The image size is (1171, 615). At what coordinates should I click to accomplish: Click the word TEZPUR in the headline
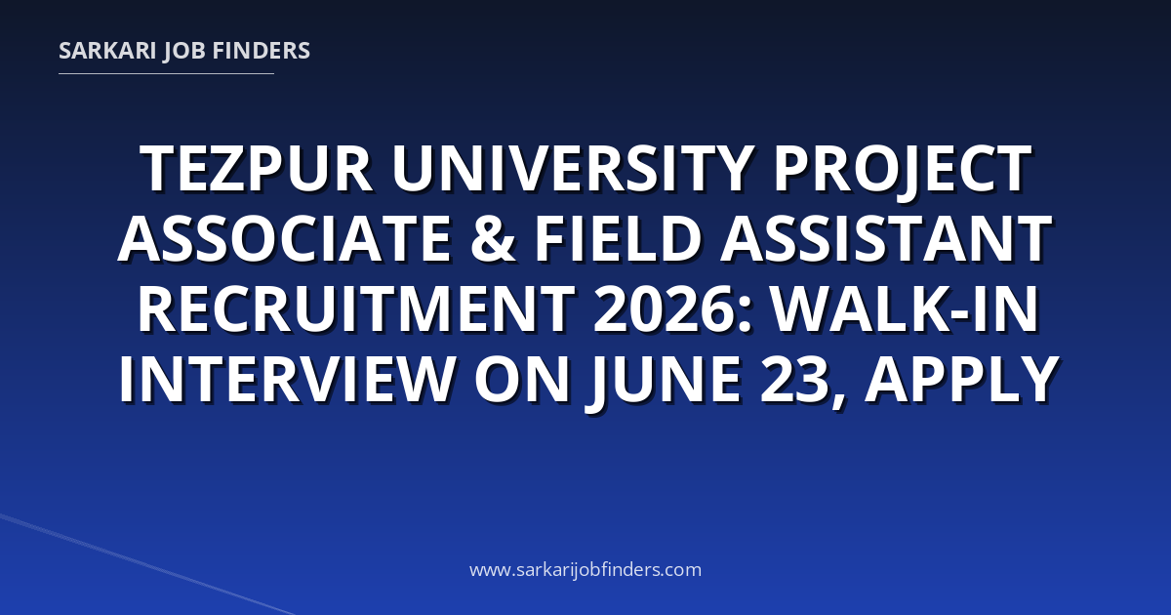pyautogui.click(x=257, y=169)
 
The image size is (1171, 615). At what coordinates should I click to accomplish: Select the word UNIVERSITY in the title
pyautogui.click(x=573, y=169)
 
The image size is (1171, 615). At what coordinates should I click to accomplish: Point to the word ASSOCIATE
pyautogui.click(x=285, y=238)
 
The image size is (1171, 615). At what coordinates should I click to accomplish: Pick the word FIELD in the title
pyautogui.click(x=618, y=238)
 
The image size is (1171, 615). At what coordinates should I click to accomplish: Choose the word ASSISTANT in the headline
pyautogui.click(x=886, y=238)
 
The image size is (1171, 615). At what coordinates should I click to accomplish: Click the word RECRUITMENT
pyautogui.click(x=356, y=308)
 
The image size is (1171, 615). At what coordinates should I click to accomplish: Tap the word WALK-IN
pyautogui.click(x=905, y=308)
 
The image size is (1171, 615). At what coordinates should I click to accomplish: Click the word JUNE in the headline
pyautogui.click(x=663, y=382)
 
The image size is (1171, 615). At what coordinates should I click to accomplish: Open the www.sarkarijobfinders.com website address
pyautogui.click(x=585, y=569)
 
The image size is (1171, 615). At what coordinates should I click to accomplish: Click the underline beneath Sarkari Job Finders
pyautogui.click(x=166, y=74)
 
